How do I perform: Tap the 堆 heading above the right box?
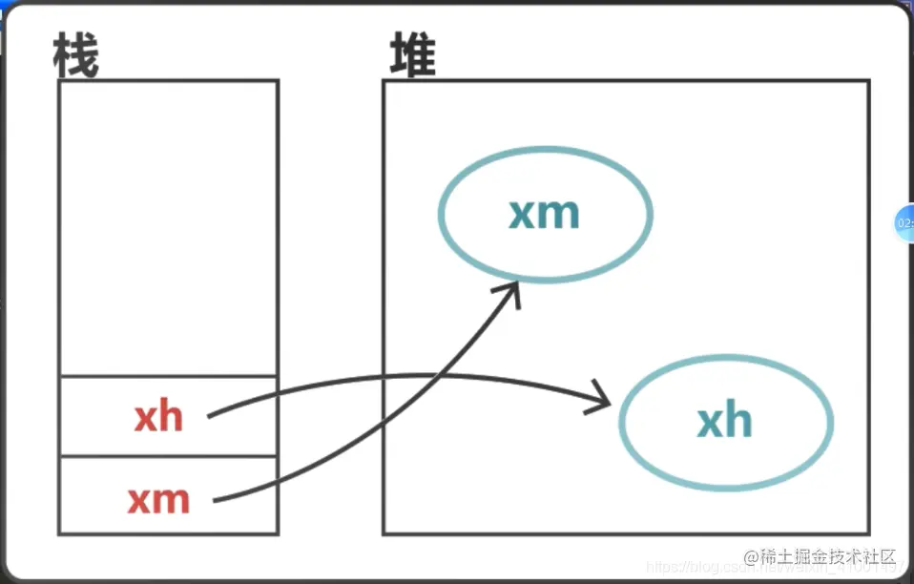(413, 55)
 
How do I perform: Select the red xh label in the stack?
(158, 417)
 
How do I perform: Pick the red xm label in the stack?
(158, 499)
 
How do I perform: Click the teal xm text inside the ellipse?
(544, 213)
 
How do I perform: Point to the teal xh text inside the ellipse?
(725, 421)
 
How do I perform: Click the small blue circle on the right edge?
(904, 222)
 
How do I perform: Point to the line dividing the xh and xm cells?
(168, 457)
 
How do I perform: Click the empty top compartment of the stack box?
(168, 227)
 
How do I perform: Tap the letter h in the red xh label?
(172, 416)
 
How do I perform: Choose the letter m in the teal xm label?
(560, 214)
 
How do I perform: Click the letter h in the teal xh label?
(738, 420)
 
